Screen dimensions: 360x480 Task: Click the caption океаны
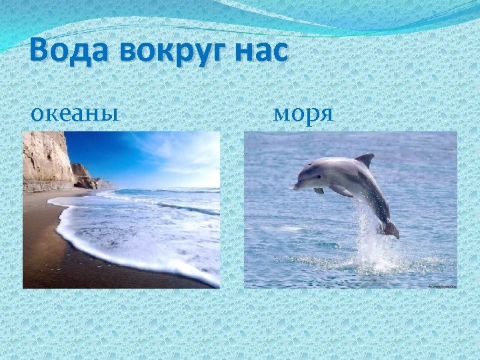75,113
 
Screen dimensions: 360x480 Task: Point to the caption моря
303,113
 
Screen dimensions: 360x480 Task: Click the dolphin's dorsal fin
365,160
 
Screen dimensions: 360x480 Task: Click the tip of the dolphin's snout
295,187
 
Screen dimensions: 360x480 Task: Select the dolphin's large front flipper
341,191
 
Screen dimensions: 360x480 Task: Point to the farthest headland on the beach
105,183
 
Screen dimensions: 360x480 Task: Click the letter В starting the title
41,51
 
